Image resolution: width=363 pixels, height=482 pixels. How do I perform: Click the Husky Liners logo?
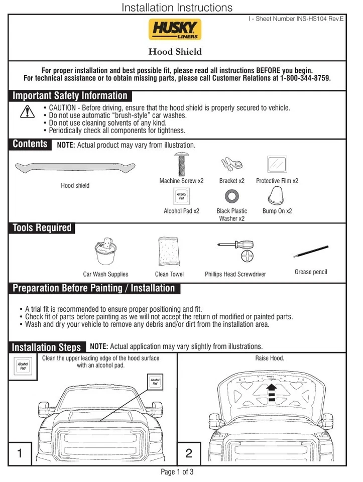tap(175, 30)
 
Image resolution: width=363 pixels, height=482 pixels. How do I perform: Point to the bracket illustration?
tap(231, 164)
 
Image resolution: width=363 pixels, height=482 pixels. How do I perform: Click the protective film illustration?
tap(277, 165)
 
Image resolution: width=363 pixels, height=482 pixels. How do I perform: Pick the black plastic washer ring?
tap(231, 196)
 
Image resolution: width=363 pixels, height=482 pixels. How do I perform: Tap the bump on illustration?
tap(277, 194)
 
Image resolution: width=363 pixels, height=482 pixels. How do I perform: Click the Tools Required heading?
tap(42, 228)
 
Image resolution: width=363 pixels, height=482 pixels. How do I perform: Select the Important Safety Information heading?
tap(70, 96)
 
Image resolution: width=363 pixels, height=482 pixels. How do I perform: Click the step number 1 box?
tap(20, 454)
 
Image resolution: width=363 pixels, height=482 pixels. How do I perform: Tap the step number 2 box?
tap(189, 454)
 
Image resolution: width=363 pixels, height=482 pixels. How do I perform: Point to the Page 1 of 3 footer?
tap(177, 472)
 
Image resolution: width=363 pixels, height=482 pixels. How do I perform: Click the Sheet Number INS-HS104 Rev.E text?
tap(296, 19)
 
